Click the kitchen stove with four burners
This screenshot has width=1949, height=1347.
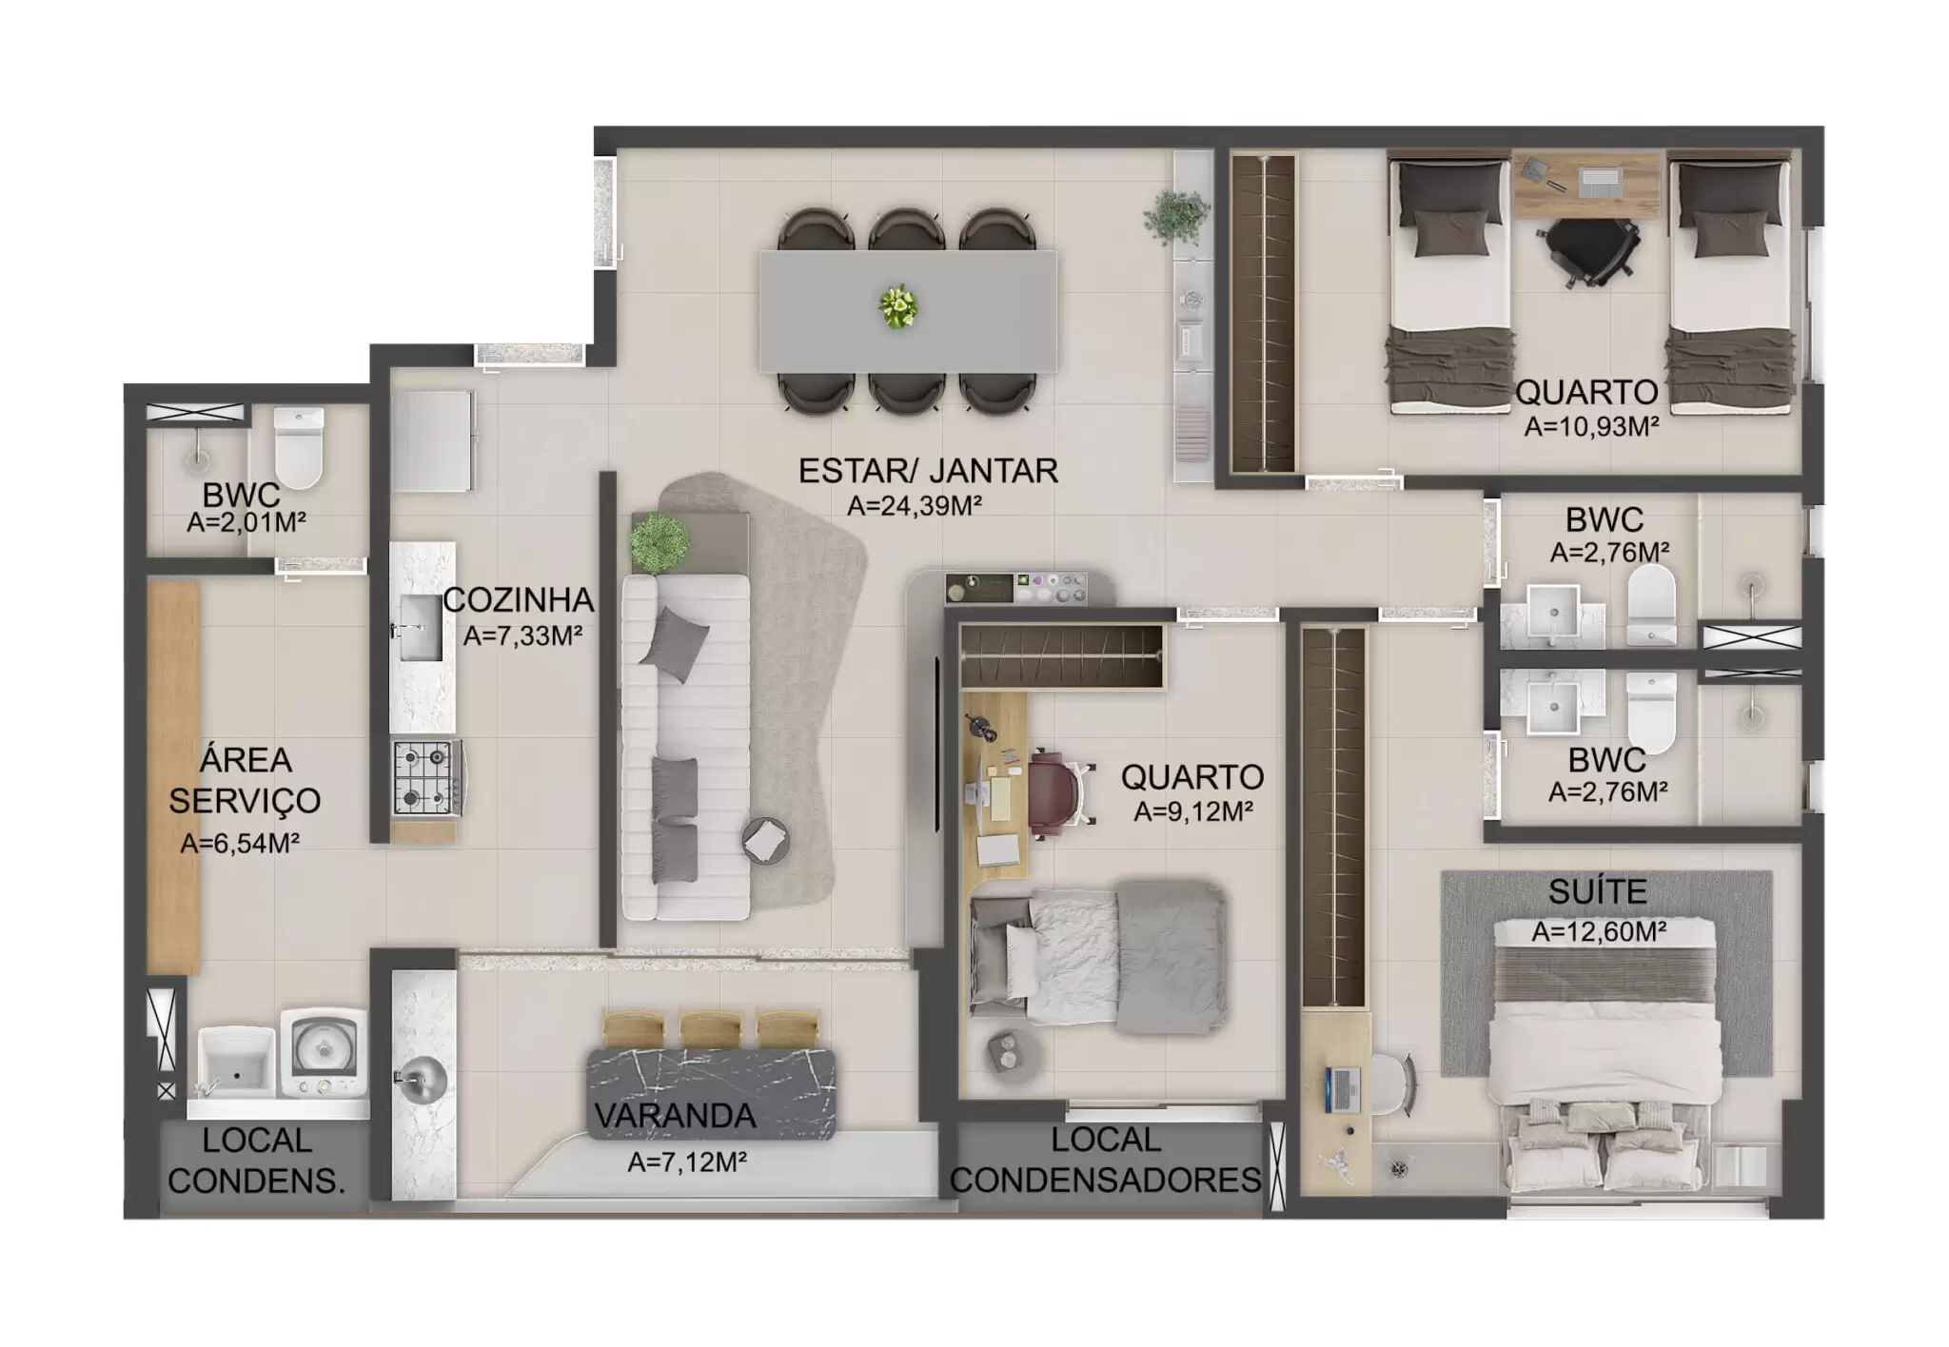(425, 778)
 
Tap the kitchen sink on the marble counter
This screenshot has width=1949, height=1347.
(420, 628)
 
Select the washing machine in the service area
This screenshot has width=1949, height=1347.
(324, 1052)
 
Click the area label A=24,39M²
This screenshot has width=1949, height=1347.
(914, 506)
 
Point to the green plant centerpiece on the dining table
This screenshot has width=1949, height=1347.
(897, 307)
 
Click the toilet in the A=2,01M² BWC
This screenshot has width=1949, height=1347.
(299, 447)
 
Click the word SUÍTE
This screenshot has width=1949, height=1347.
(1597, 892)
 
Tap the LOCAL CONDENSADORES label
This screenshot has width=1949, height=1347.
(1106, 1160)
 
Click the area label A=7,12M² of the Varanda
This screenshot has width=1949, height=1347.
(686, 1162)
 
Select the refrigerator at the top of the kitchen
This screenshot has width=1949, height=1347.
(431, 439)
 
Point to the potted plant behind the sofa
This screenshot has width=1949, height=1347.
(659, 542)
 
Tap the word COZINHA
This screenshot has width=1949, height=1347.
(519, 600)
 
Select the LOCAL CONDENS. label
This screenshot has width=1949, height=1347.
(256, 1161)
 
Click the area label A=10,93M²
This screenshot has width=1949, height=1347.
(1591, 427)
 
